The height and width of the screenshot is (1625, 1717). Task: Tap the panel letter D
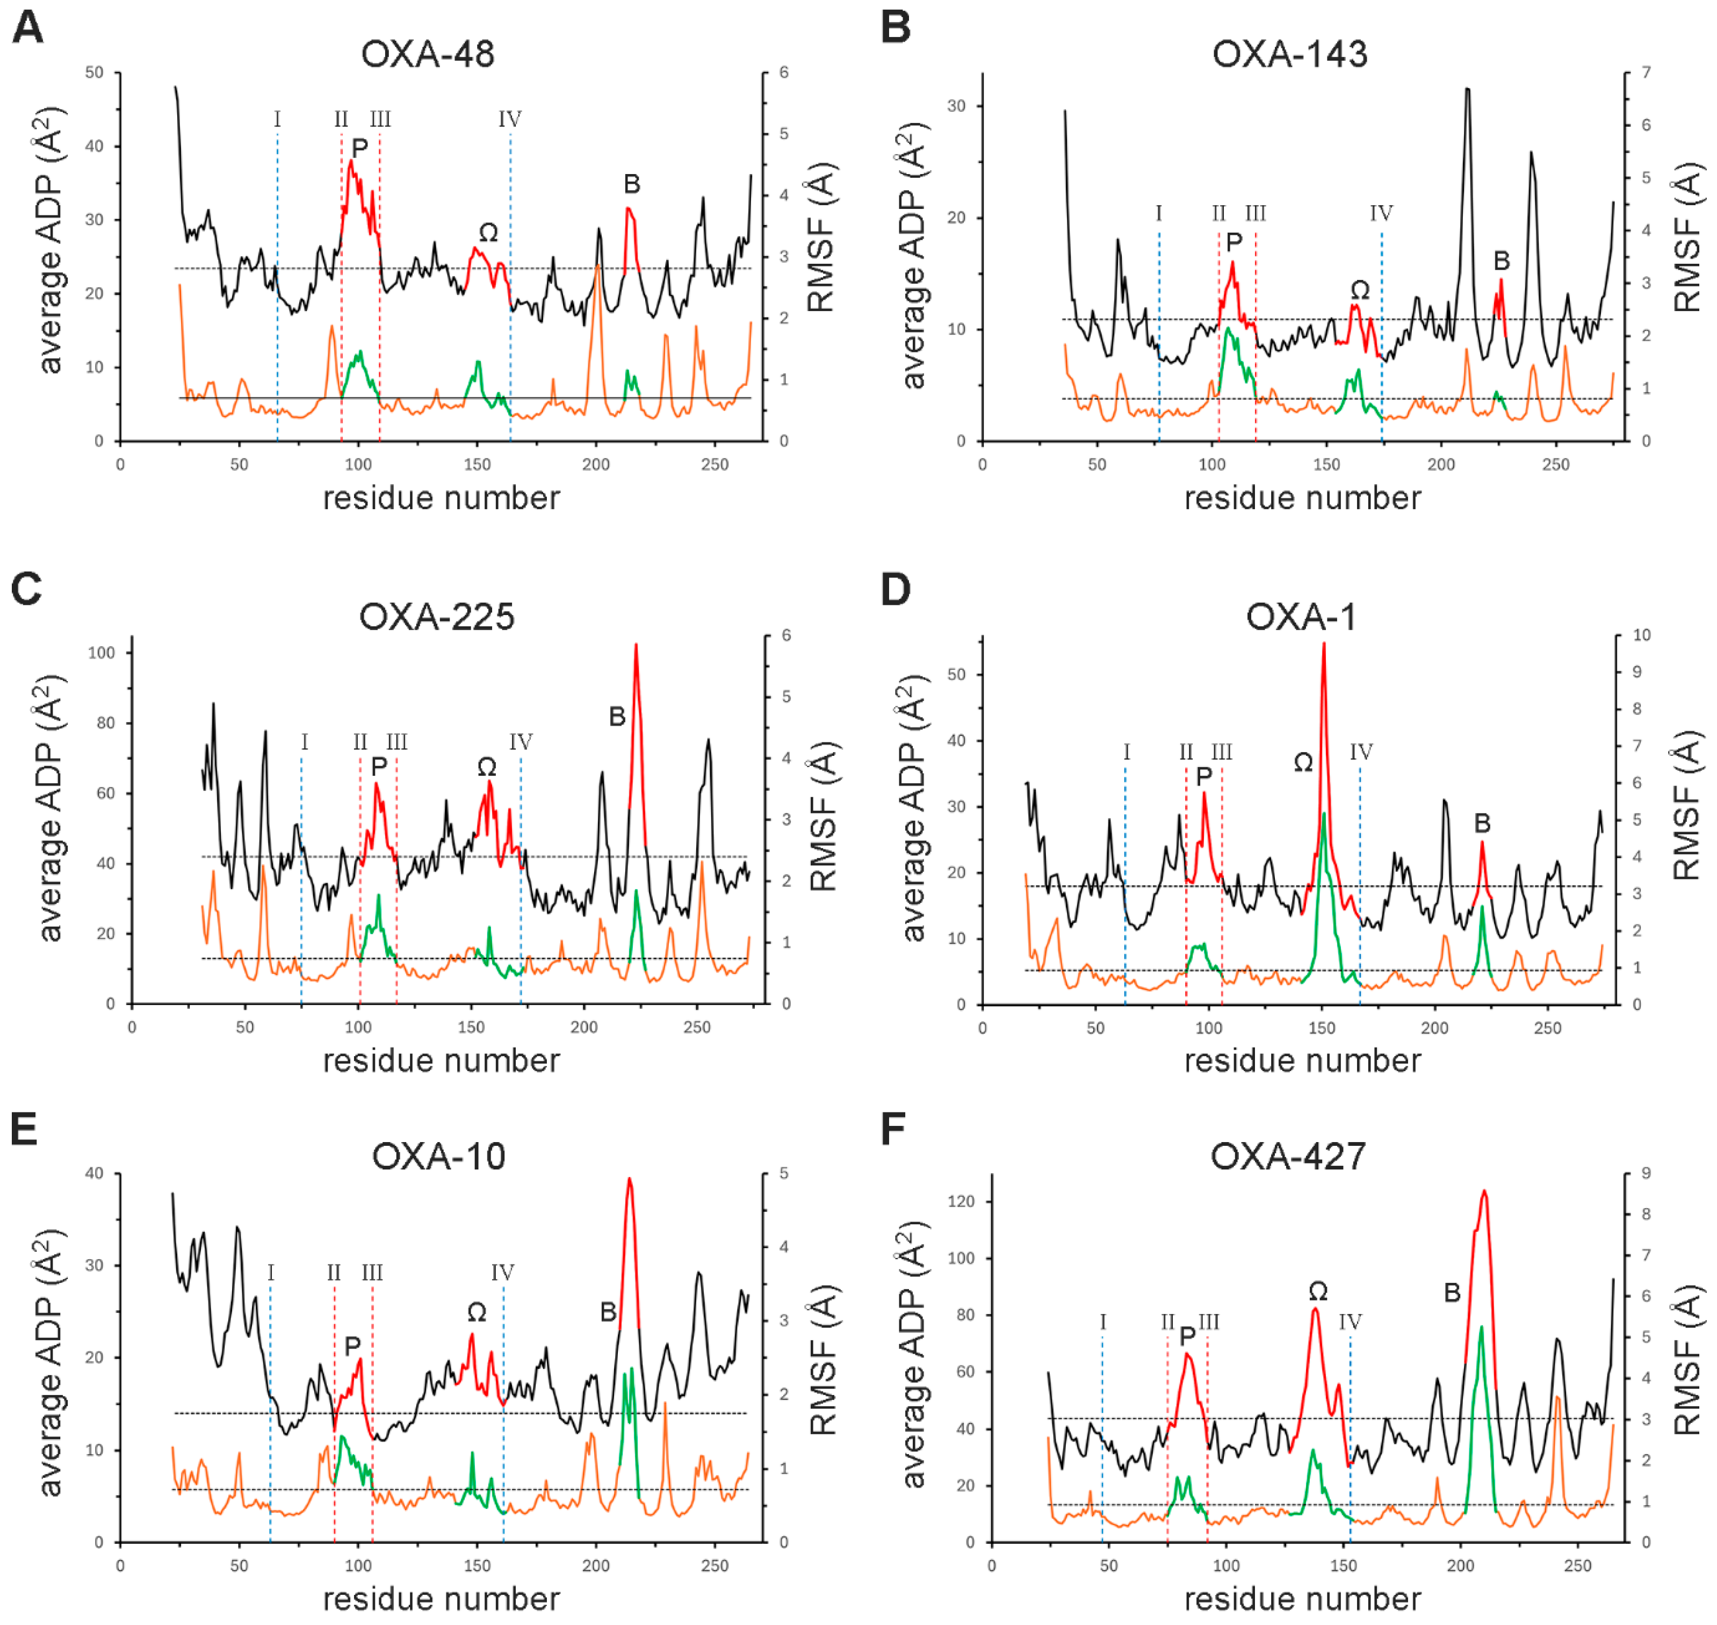(895, 590)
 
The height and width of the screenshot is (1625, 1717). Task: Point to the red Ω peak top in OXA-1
(1324, 645)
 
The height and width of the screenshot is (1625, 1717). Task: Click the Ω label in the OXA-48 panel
(488, 232)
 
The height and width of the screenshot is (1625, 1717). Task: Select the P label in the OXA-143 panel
(1233, 242)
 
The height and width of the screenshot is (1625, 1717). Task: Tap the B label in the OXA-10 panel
(608, 1312)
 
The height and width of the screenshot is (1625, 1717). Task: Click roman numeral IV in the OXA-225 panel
(520, 742)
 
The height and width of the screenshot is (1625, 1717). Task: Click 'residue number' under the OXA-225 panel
(441, 1061)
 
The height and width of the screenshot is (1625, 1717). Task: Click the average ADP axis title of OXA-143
(913, 256)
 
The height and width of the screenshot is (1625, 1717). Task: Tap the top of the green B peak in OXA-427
(1481, 1327)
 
